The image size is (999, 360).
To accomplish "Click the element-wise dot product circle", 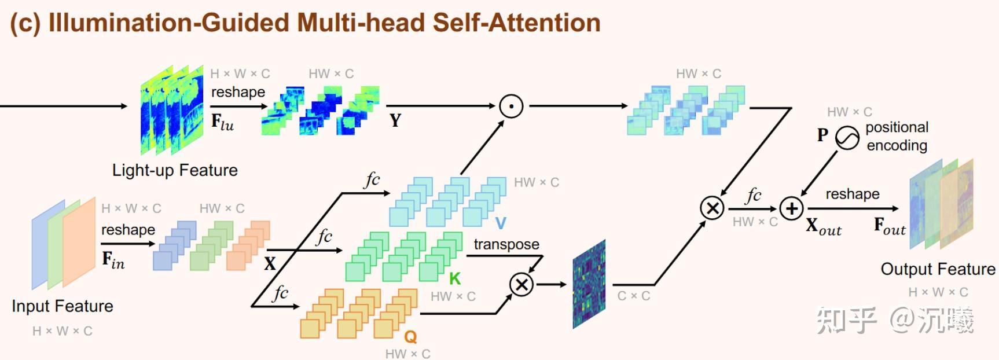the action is pyautogui.click(x=511, y=106).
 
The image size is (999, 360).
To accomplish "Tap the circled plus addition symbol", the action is pyautogui.click(x=791, y=208).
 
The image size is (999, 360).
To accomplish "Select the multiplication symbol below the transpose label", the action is pyautogui.click(x=521, y=284).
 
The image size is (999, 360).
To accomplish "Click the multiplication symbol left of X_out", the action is pyautogui.click(x=712, y=208).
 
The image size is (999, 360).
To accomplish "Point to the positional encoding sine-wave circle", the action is pyautogui.click(x=847, y=138).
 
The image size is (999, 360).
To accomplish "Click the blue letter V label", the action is pyautogui.click(x=501, y=223).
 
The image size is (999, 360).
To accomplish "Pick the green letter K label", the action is pyautogui.click(x=455, y=279).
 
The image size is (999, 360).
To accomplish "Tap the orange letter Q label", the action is pyautogui.click(x=410, y=336).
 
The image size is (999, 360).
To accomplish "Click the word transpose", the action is pyautogui.click(x=506, y=244).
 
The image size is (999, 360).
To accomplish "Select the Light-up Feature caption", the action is pyautogui.click(x=175, y=170).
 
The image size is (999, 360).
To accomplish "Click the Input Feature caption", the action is pyautogui.click(x=63, y=306).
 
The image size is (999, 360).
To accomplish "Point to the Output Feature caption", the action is pyautogui.click(x=938, y=269).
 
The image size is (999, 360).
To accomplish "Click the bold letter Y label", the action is pyautogui.click(x=395, y=120).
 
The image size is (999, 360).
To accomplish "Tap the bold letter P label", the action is pyautogui.click(x=822, y=135).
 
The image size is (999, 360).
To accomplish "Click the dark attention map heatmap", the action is pyautogui.click(x=589, y=284).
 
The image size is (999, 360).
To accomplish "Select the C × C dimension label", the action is pyautogui.click(x=633, y=296).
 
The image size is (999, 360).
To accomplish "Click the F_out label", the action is pyautogui.click(x=890, y=226).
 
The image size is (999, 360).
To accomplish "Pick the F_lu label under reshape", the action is pyautogui.click(x=222, y=122).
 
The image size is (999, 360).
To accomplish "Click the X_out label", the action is pyautogui.click(x=824, y=226).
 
